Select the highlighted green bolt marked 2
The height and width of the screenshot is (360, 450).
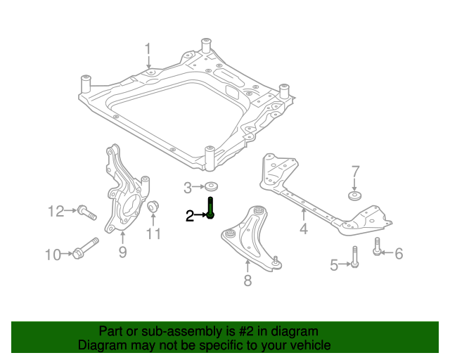[211, 209]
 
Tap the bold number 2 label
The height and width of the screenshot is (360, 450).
[189, 217]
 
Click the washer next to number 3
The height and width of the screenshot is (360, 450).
[211, 188]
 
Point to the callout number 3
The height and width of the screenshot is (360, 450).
[188, 188]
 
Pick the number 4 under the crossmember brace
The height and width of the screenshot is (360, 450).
[303, 229]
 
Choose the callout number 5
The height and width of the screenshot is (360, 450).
[334, 264]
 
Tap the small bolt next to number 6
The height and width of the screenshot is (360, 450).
[378, 247]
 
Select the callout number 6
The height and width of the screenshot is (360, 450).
[399, 253]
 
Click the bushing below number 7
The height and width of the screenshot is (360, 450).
[354, 196]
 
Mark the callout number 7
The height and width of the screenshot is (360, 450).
[355, 172]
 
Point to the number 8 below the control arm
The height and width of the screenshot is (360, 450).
[247, 282]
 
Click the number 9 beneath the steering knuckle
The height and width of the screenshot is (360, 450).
[122, 252]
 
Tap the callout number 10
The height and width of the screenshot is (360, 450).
[53, 255]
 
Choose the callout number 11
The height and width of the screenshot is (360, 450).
[153, 233]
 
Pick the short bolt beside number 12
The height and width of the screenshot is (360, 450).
[86, 211]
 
